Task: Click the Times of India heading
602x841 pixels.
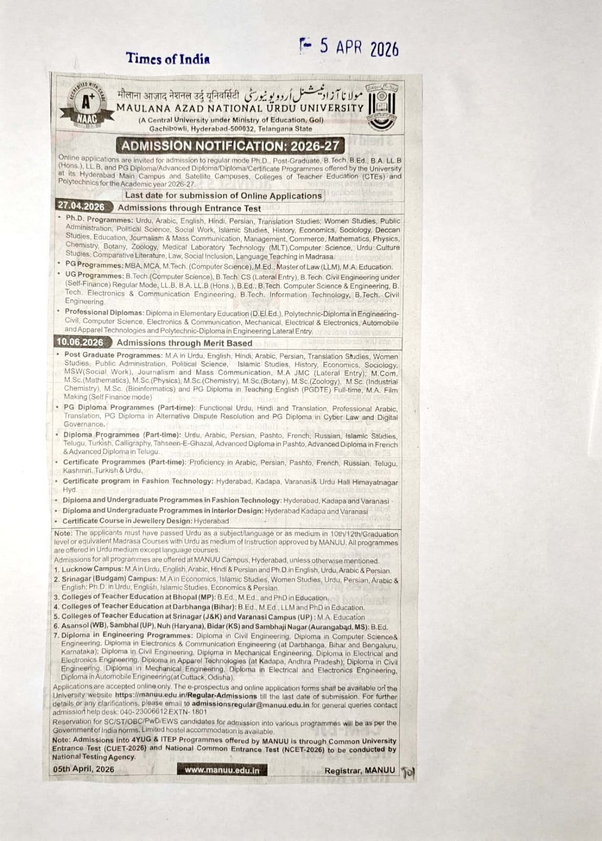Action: click(168, 59)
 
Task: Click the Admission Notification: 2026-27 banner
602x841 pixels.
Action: click(230, 146)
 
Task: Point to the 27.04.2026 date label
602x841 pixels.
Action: click(81, 207)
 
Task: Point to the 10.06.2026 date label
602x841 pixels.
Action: click(81, 342)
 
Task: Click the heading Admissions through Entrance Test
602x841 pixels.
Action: click(189, 208)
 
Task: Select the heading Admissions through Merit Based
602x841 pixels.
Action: click(185, 343)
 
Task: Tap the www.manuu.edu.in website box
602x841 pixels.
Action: click(222, 770)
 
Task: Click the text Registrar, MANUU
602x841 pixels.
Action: click(360, 770)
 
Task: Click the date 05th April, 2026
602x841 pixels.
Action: click(84, 769)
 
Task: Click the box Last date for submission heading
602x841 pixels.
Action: click(223, 196)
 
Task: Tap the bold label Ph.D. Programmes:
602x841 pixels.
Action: click(99, 220)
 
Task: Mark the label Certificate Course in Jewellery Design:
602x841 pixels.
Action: click(127, 521)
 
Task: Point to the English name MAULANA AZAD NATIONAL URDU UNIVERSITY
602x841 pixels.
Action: click(240, 108)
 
